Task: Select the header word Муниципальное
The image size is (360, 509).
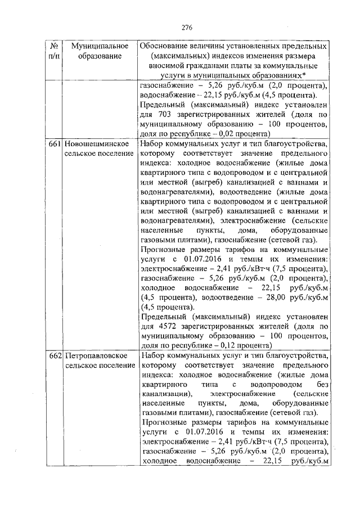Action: [97, 46]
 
